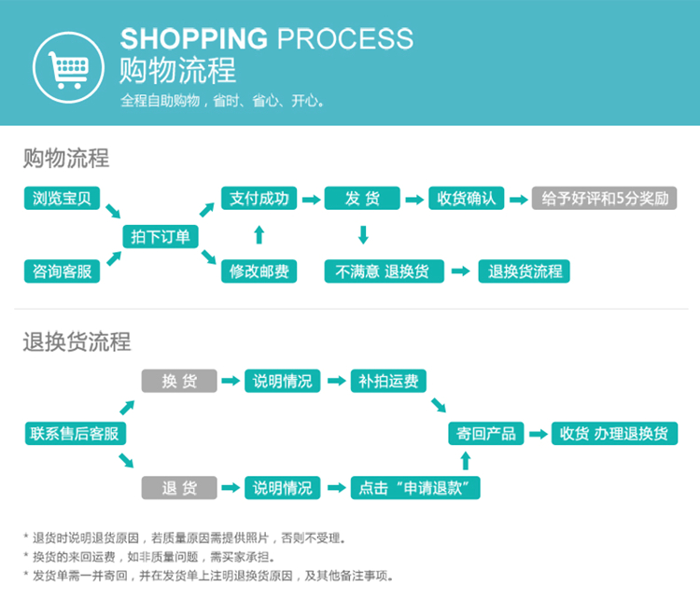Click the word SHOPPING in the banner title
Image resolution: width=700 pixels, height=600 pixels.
193,39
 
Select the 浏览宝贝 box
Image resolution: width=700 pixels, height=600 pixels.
62,198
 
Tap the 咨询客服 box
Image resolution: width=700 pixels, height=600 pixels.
62,272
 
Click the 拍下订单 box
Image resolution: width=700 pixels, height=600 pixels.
161,237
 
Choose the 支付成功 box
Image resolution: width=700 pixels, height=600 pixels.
259,198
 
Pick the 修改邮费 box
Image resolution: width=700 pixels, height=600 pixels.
259,272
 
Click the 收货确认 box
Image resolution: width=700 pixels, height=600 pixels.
466,198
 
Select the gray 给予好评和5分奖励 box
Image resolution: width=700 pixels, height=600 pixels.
604,198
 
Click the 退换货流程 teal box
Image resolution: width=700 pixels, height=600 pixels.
525,272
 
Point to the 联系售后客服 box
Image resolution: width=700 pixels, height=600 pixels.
75,433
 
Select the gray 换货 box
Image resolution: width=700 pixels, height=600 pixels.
178,381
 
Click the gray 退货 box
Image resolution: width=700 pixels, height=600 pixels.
178,487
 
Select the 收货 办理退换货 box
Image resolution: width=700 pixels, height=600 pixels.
613,433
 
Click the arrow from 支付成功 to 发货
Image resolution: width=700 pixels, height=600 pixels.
311,199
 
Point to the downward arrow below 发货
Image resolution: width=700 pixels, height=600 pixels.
362,234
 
